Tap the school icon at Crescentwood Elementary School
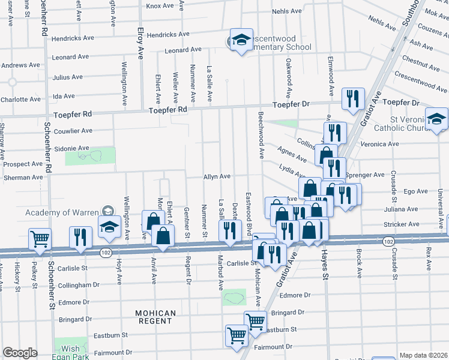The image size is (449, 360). click(x=241, y=41)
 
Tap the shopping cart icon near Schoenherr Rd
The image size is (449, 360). click(x=40, y=238)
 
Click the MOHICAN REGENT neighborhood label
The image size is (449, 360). click(x=155, y=317)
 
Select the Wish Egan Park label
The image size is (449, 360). click(x=71, y=353)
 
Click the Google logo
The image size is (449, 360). click(x=19, y=353)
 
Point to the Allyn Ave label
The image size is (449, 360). click(x=217, y=176)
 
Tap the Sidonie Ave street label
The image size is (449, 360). click(x=71, y=148)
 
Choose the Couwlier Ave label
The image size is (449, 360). click(x=73, y=130)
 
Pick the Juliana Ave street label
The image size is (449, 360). click(x=402, y=209)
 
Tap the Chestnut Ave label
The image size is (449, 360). click(x=415, y=61)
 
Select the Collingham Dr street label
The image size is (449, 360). click(x=75, y=284)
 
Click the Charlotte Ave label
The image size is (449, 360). click(x=20, y=99)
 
